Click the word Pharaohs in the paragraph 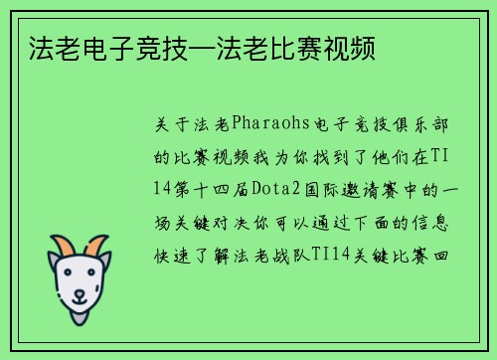pos(270,126)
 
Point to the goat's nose pos(80,292)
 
